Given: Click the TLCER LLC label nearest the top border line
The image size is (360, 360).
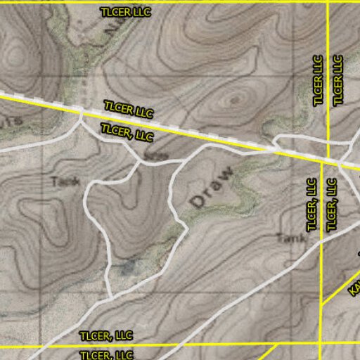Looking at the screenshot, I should tap(126, 12).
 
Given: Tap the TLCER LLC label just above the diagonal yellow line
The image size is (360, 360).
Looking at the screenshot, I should tap(129, 110).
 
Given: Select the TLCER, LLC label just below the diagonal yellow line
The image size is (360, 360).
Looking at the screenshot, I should tap(127, 131).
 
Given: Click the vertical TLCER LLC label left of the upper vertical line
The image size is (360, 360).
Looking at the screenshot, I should tap(319, 80).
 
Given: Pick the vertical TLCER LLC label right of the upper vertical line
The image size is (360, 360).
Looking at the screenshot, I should tap(338, 80).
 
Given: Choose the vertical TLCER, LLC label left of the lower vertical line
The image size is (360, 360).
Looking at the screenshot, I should tap(312, 205).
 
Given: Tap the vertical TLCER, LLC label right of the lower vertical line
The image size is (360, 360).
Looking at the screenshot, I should tap(332, 205).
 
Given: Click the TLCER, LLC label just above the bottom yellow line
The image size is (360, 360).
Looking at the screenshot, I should tap(106, 335).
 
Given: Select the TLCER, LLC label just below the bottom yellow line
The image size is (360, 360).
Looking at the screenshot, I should tap(106, 355).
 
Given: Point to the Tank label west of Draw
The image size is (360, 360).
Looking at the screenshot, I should tap(66, 181).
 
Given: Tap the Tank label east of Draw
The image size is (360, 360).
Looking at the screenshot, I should tap(291, 238).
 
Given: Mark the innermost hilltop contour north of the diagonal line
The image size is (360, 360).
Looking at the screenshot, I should tap(234, 100).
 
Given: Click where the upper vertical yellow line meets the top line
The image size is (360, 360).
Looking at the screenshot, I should tap(328, 2).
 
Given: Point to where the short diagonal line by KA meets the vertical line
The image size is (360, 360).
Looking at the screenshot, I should tap(321, 304).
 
